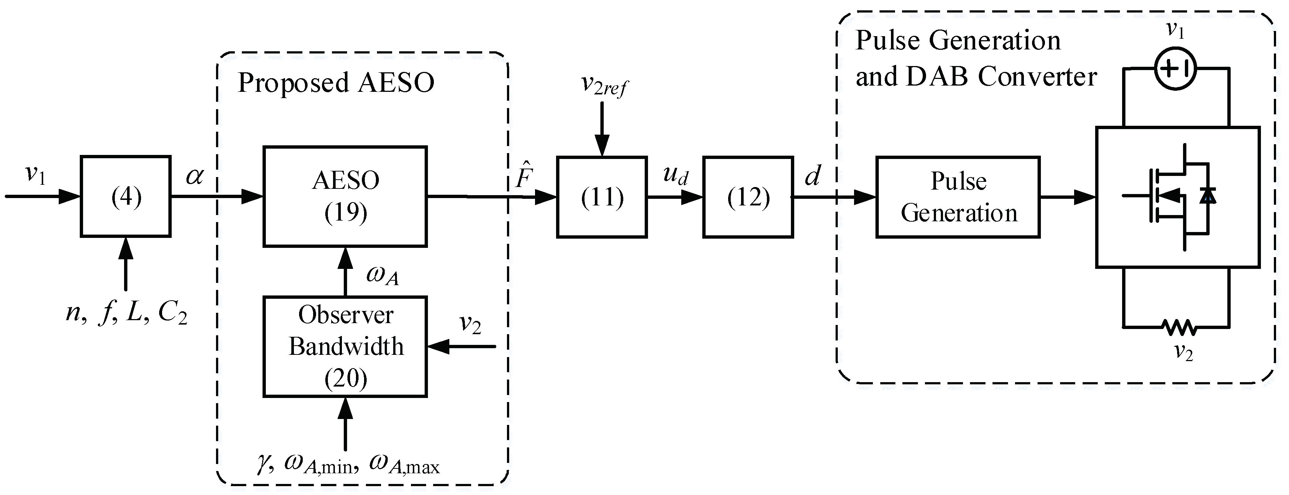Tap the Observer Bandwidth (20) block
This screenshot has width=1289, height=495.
point(345,346)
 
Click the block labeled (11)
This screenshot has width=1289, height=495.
point(601,197)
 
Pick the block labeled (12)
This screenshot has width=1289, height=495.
point(748,197)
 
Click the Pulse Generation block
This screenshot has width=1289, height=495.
point(958,197)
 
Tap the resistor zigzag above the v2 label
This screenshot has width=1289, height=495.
point(1179,328)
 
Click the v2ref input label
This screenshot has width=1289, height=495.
point(603,86)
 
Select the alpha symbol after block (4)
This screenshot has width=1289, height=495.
point(195,176)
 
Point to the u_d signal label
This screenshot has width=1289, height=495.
point(675,175)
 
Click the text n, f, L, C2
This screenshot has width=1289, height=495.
point(126,314)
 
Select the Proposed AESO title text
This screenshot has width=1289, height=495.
point(336,83)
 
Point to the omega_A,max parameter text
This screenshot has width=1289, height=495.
point(404,465)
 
